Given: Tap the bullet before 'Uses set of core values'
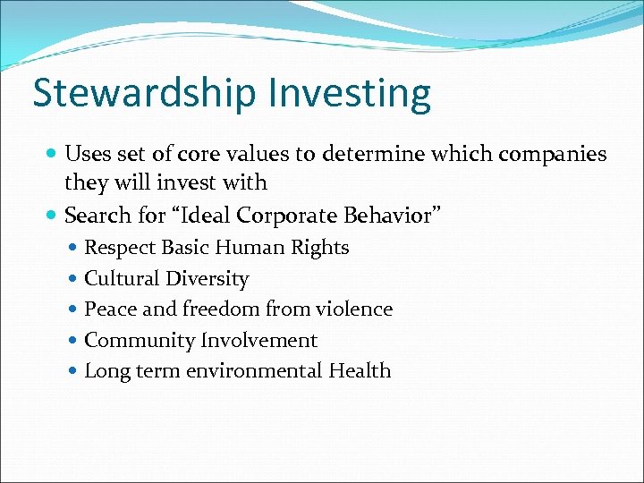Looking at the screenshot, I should pos(55,154).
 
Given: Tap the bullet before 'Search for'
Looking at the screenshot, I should pos(55,216).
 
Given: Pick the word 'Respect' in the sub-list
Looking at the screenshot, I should pos(120,248).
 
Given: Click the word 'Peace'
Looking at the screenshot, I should pos(109,309).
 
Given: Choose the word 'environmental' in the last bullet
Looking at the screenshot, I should pos(254,371).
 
